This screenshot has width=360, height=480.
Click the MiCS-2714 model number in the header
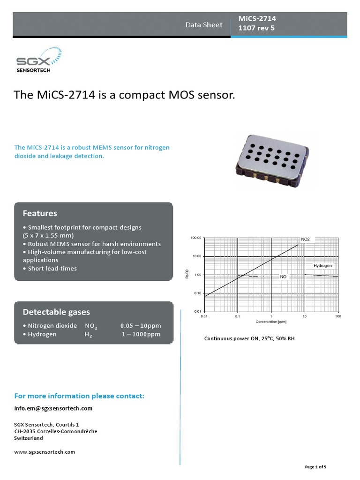click(x=257, y=18)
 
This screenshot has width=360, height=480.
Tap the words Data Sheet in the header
click(x=204, y=25)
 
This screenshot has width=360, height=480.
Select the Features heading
click(x=40, y=213)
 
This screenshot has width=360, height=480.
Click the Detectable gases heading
click(x=56, y=312)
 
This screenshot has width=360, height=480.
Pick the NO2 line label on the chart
click(x=305, y=239)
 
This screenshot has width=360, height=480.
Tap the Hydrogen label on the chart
click(x=322, y=265)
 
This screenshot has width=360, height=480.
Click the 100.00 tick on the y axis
click(x=195, y=238)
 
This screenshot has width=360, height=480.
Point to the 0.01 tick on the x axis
click(x=203, y=317)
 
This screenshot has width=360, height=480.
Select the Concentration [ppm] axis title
click(x=270, y=322)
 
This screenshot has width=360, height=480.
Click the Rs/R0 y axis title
click(x=187, y=275)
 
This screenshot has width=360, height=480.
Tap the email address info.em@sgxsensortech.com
click(x=53, y=408)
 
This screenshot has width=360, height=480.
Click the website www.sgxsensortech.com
click(x=45, y=452)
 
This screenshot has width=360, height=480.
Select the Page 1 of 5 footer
click(x=315, y=467)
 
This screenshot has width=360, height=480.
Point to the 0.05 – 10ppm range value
click(x=140, y=325)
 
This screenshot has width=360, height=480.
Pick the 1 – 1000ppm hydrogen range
click(x=141, y=334)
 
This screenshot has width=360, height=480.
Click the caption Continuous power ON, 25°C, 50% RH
click(x=249, y=338)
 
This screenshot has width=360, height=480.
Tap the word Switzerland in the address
click(x=29, y=438)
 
